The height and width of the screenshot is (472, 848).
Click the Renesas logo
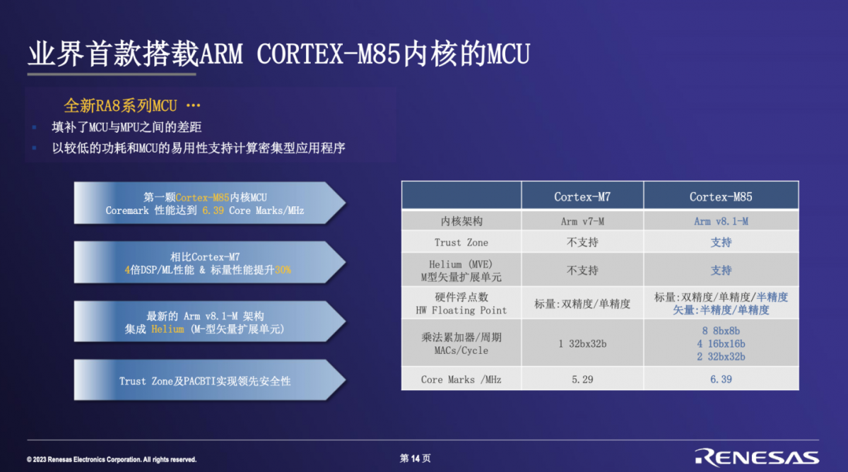pyautogui.click(x=757, y=457)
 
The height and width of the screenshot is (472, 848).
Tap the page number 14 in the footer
pyautogui.click(x=416, y=459)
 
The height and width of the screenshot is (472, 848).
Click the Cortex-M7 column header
pyautogui.click(x=582, y=196)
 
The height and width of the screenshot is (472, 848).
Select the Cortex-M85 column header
pyautogui.click(x=721, y=196)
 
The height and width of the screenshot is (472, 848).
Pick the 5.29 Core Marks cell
pyautogui.click(x=582, y=379)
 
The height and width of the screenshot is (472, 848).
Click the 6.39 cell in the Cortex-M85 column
pyautogui.click(x=721, y=379)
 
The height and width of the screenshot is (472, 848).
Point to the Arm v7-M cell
pyautogui.click(x=582, y=221)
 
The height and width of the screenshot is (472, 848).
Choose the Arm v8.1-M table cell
pyautogui.click(x=721, y=221)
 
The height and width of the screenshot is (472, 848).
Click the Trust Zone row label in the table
pyautogui.click(x=461, y=242)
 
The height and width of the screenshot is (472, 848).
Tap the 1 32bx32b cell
pyautogui.click(x=582, y=343)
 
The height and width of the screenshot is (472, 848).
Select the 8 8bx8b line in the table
pyautogui.click(x=721, y=331)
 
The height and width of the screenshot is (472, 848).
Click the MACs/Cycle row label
pyautogui.click(x=461, y=350)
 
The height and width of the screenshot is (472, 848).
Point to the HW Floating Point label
pyautogui.click(x=461, y=310)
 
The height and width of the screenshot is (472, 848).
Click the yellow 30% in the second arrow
pyautogui.click(x=283, y=270)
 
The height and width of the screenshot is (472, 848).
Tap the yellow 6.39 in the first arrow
pyautogui.click(x=213, y=211)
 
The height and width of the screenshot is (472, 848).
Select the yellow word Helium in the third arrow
pyautogui.click(x=167, y=329)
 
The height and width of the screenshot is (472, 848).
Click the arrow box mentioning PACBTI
pyautogui.click(x=209, y=380)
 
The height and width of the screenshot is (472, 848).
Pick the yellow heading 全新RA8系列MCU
pyautogui.click(x=120, y=105)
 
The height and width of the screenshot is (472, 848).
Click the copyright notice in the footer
pyautogui.click(x=112, y=459)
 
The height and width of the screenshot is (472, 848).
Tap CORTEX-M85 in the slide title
pyautogui.click(x=328, y=54)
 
